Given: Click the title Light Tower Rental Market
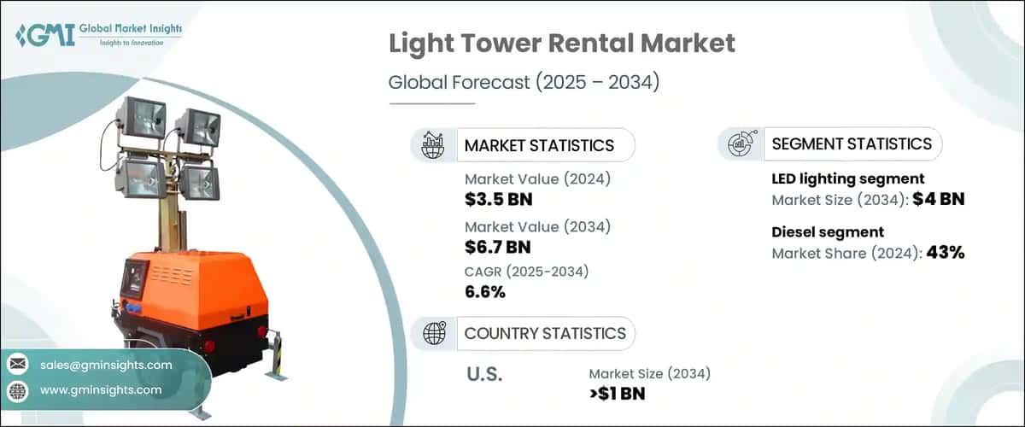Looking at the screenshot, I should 562,44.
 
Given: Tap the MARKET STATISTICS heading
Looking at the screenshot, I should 538,145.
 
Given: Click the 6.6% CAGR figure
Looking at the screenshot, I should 485,292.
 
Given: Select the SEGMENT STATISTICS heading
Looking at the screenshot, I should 852,144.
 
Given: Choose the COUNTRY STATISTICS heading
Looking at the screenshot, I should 545,333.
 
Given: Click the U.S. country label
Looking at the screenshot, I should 483,374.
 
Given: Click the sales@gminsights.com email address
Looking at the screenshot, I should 106,365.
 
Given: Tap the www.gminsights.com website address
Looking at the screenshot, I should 100,389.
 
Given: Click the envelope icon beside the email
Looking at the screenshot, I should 18,365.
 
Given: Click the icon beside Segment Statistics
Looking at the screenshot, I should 740,144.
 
